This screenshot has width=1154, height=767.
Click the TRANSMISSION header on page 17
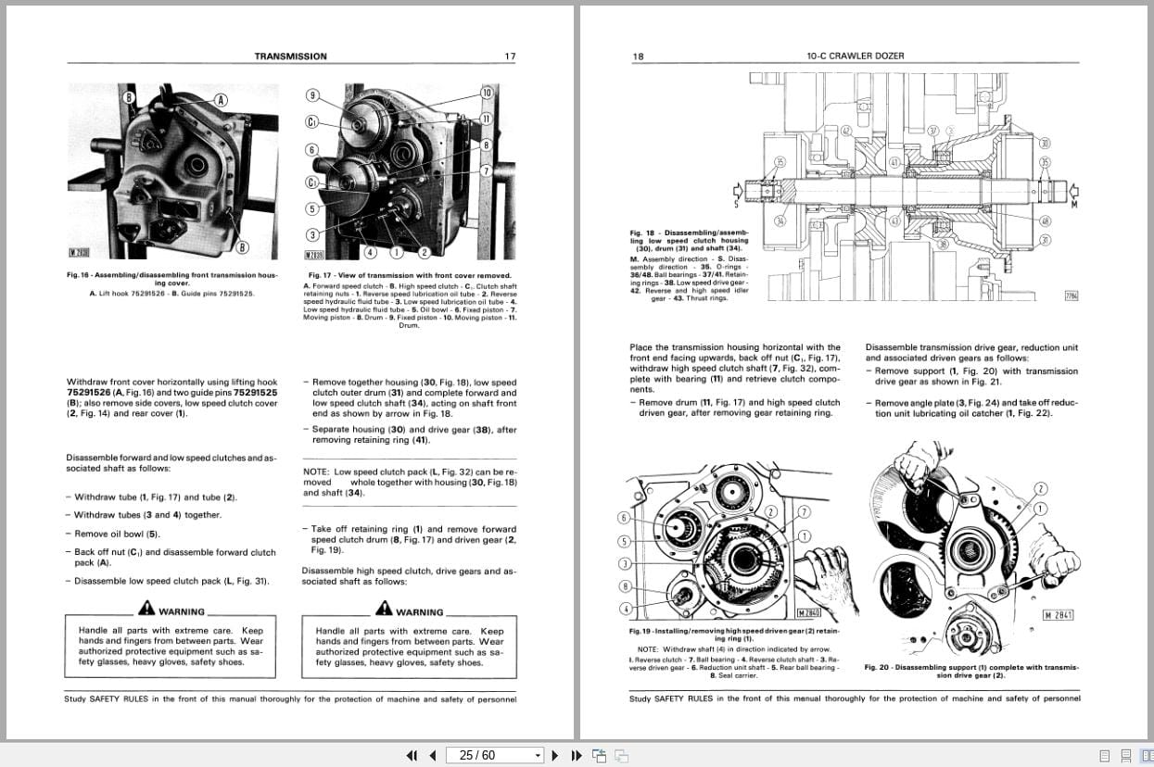click(x=290, y=57)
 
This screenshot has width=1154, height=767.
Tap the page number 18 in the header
click(x=638, y=57)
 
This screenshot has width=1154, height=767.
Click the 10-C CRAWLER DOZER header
click(x=855, y=57)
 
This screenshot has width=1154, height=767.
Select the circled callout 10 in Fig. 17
click(x=487, y=93)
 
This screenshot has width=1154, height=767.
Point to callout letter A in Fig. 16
click(x=221, y=99)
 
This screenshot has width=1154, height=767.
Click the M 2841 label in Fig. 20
click(x=1058, y=615)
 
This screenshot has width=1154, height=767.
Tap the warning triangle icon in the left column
click(x=146, y=609)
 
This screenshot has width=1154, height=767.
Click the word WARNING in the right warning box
click(x=419, y=612)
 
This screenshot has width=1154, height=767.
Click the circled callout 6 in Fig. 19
click(x=624, y=518)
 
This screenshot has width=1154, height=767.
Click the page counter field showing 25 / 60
click(x=493, y=755)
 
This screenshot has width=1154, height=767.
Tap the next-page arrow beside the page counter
click(x=554, y=755)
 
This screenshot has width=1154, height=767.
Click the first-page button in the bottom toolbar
click(x=412, y=755)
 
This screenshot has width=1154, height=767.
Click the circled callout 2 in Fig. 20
click(x=1041, y=488)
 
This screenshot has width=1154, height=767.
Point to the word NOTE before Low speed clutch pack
click(x=315, y=472)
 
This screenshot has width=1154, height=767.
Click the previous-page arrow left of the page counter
click(x=434, y=755)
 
